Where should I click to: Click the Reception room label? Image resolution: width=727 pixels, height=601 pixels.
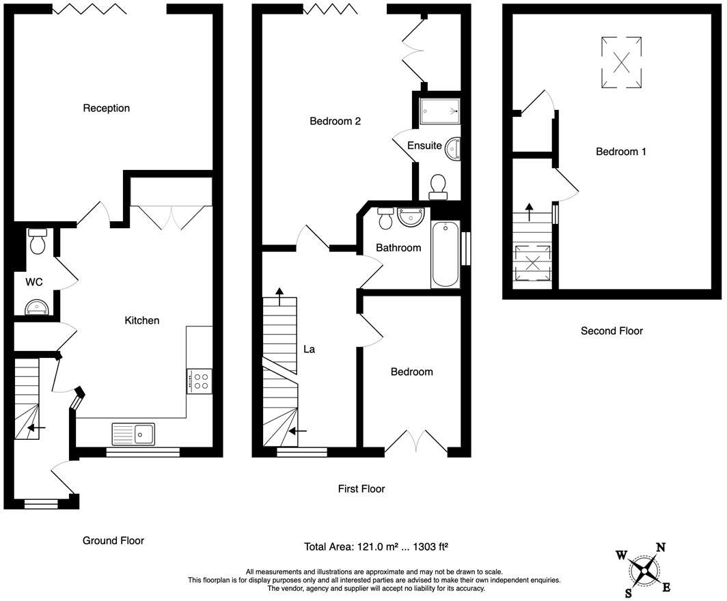(106, 108)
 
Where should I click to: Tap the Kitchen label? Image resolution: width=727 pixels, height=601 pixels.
(141, 320)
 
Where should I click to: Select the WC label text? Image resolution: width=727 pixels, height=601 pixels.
(35, 281)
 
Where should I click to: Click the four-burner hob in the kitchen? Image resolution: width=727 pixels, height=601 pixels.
(199, 381)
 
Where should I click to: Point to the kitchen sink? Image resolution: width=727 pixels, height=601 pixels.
(135, 434)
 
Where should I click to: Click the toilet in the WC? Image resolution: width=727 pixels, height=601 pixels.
(38, 241)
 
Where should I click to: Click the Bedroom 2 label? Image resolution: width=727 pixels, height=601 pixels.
(335, 122)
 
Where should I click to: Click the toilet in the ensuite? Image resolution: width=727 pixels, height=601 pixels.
(437, 185)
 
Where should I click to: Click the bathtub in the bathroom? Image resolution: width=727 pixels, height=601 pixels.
(445, 255)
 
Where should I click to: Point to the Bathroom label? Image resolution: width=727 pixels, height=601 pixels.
(398, 248)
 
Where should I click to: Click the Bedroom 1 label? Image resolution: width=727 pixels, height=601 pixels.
(620, 152)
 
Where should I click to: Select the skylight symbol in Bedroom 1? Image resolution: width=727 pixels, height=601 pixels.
(621, 63)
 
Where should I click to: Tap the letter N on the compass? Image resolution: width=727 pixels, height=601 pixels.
(661, 547)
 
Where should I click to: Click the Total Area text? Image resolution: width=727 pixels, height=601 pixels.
(376, 547)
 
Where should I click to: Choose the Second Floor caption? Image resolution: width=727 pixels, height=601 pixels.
(612, 331)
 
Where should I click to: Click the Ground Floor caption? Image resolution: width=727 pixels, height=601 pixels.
(113, 540)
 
